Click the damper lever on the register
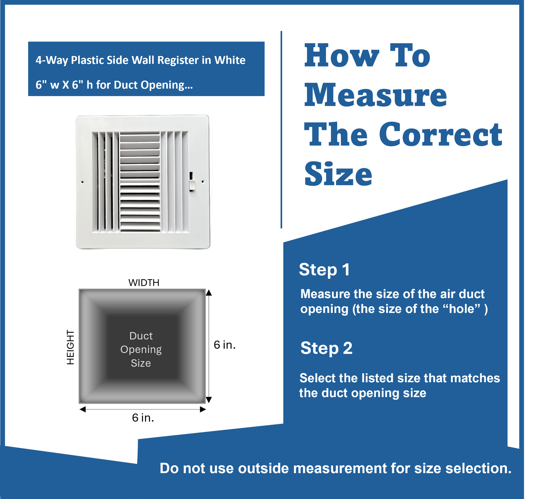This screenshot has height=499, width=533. (x=192, y=182)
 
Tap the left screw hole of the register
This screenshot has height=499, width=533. (x=82, y=182)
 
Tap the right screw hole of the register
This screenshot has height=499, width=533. (x=203, y=182)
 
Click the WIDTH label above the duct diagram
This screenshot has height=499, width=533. (x=144, y=283)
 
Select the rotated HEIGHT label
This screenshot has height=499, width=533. (x=70, y=347)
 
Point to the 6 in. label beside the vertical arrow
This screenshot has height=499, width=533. (x=224, y=345)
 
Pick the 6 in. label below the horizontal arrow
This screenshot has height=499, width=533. (x=143, y=418)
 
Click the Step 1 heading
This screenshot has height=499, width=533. (x=324, y=270)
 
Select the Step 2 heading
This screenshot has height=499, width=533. (x=326, y=348)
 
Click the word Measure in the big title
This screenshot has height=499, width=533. (x=375, y=95)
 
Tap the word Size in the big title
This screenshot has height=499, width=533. (x=338, y=174)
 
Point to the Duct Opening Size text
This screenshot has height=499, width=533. (x=141, y=349)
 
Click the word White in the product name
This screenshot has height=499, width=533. (x=230, y=60)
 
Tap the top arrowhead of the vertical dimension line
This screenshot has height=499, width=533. (x=209, y=293)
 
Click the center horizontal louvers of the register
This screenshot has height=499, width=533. (x=140, y=182)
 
